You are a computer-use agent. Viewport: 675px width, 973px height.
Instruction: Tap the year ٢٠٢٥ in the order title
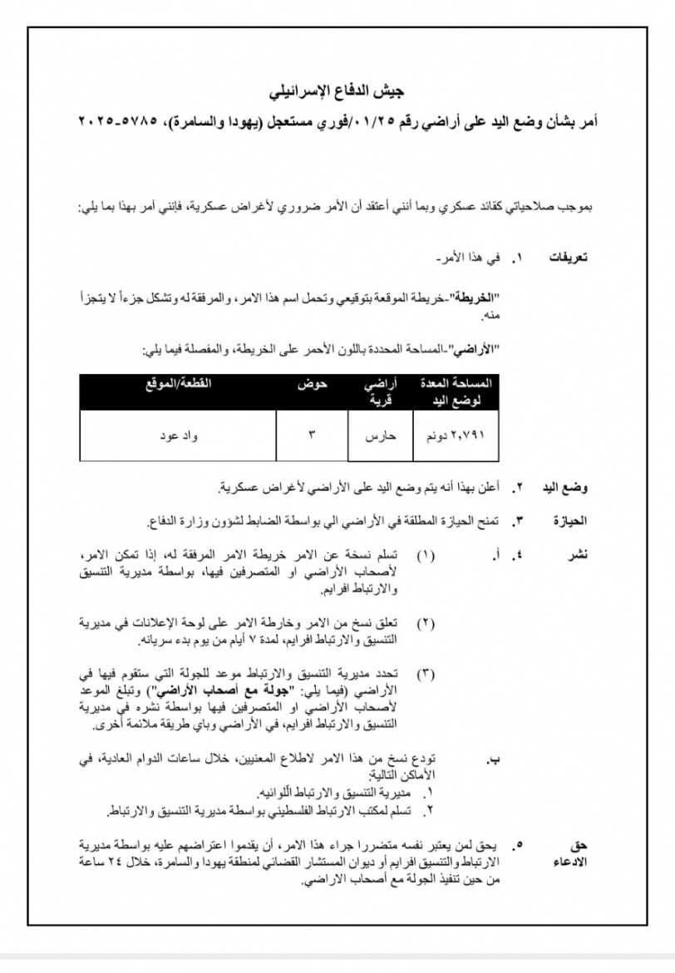tap(98, 121)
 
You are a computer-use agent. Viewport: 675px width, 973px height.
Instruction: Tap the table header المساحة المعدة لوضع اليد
tap(457, 391)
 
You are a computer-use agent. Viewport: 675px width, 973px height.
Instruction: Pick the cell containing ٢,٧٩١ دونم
tap(456, 435)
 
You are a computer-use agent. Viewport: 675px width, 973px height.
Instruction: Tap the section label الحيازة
tap(570, 521)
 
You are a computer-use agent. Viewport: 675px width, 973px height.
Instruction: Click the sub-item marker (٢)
tap(425, 622)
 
